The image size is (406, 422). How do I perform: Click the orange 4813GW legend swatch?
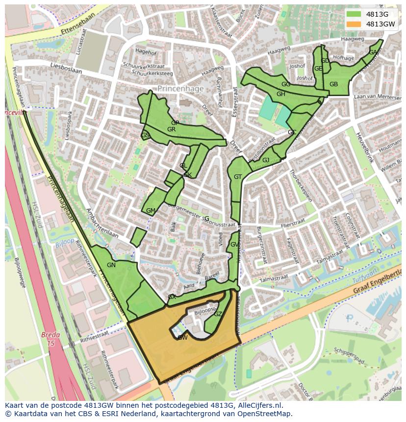pos(353,24)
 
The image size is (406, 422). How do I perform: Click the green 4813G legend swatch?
pos(353,14)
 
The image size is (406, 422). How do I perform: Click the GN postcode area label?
pos(111,265)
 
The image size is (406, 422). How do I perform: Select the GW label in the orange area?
pos(182,338)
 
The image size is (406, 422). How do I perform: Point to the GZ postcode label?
pos(218,314)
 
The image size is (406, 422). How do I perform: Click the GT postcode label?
pos(238,177)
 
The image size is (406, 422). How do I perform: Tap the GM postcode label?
pos(151,211)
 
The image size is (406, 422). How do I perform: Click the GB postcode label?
pos(333,84)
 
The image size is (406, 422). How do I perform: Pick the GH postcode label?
pos(280,94)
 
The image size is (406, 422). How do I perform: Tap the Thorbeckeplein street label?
pos(301,186)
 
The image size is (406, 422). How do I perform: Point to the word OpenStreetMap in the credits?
pos(265,414)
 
